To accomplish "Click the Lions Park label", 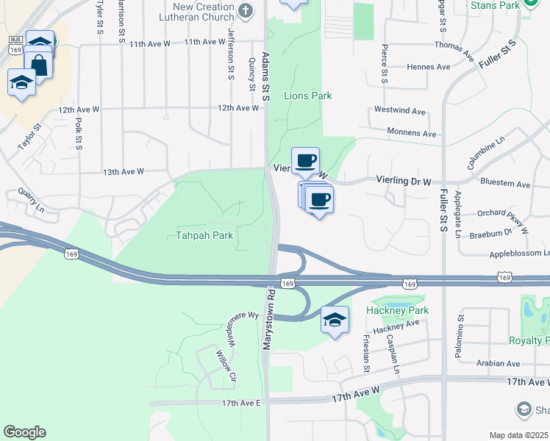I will [x=307, y=96].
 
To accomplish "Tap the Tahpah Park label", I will [x=204, y=236].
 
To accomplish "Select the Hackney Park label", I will [x=397, y=311].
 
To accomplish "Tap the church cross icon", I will [x=246, y=10].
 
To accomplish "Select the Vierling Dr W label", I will [x=403, y=179].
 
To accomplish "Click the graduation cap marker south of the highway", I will [x=334, y=320].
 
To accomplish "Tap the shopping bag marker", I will [x=38, y=65].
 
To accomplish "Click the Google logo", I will [x=24, y=432].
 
